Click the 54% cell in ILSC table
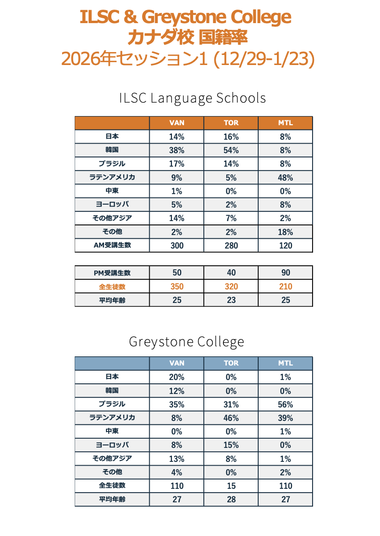click(x=231, y=150)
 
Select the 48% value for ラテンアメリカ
click(x=286, y=177)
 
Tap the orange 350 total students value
click(x=177, y=287)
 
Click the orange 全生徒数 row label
click(x=112, y=287)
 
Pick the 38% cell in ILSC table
click(x=177, y=150)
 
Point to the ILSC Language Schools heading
click(x=193, y=98)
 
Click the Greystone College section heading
click(x=187, y=342)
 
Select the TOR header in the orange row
click(x=231, y=123)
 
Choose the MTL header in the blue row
click(x=286, y=363)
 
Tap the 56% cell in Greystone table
click(x=286, y=404)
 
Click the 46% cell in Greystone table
click(x=231, y=418)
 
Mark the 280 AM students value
click(x=231, y=245)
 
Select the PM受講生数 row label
click(x=112, y=273)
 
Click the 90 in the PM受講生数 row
click(x=286, y=273)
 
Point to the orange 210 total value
click(x=286, y=287)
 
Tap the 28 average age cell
click(x=231, y=499)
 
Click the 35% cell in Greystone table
click(x=177, y=404)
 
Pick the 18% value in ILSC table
click(x=286, y=232)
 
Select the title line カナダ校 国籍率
click(x=188, y=37)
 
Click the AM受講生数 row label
click(x=112, y=245)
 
